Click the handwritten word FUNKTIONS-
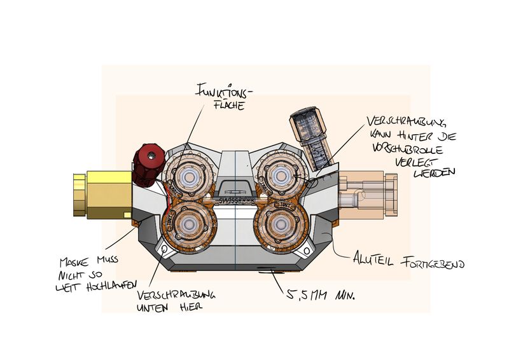click(x=218, y=92)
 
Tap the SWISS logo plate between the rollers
click(x=235, y=199)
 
